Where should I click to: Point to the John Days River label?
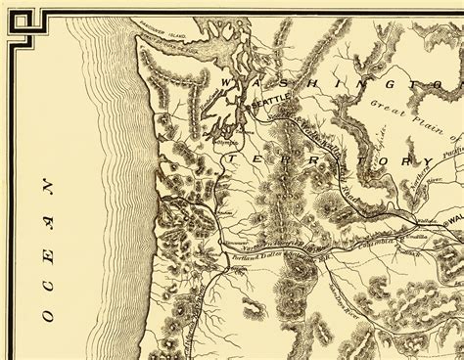(x=348, y=276)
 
